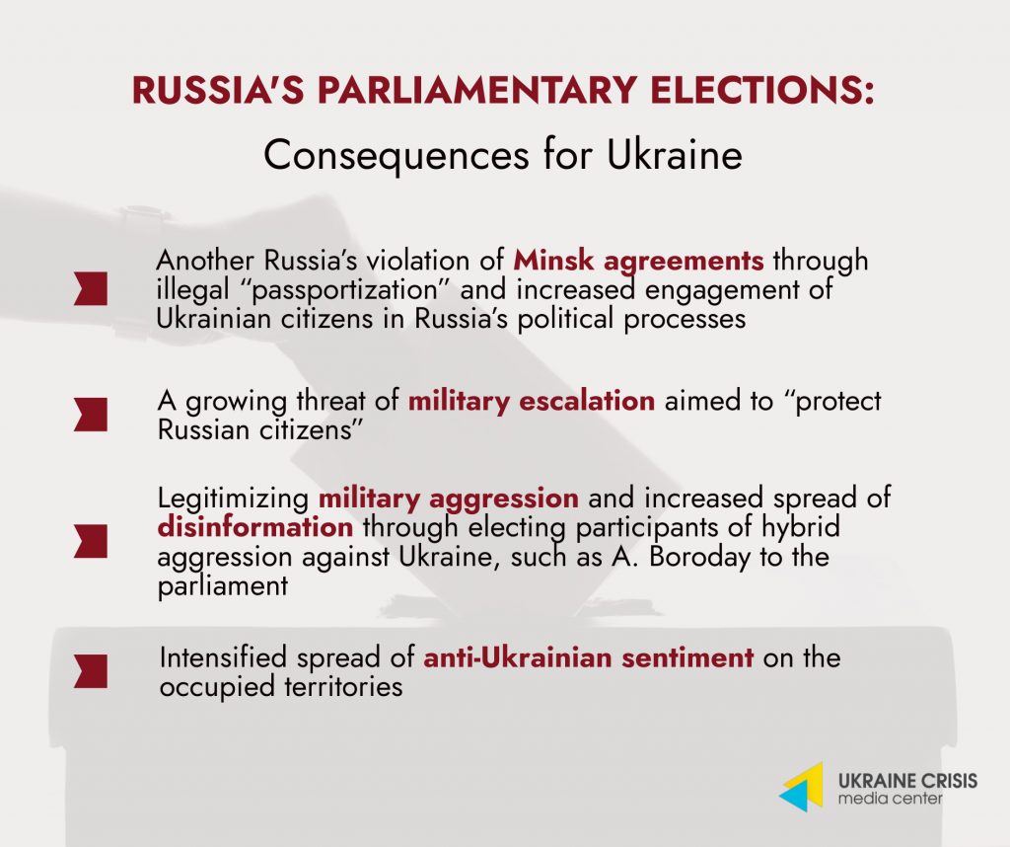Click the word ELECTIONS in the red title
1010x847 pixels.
(762, 90)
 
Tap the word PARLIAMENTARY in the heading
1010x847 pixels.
(477, 90)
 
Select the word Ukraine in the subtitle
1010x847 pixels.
(675, 155)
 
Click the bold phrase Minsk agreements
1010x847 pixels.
(638, 261)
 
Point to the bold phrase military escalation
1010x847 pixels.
(532, 401)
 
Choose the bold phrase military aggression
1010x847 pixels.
(449, 499)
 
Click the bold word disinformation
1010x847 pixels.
(255, 526)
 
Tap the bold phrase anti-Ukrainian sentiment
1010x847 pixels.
(588, 657)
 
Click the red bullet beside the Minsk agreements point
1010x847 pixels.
(90, 288)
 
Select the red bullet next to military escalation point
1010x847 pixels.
(90, 415)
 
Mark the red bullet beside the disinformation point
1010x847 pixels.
(90, 541)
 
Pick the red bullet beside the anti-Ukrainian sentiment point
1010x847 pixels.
(90, 671)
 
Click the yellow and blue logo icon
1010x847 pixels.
(803, 787)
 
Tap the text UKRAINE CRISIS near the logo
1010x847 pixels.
(907, 781)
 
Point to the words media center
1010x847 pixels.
(890, 800)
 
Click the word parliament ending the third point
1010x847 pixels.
(222, 586)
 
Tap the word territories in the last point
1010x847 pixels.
(343, 686)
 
